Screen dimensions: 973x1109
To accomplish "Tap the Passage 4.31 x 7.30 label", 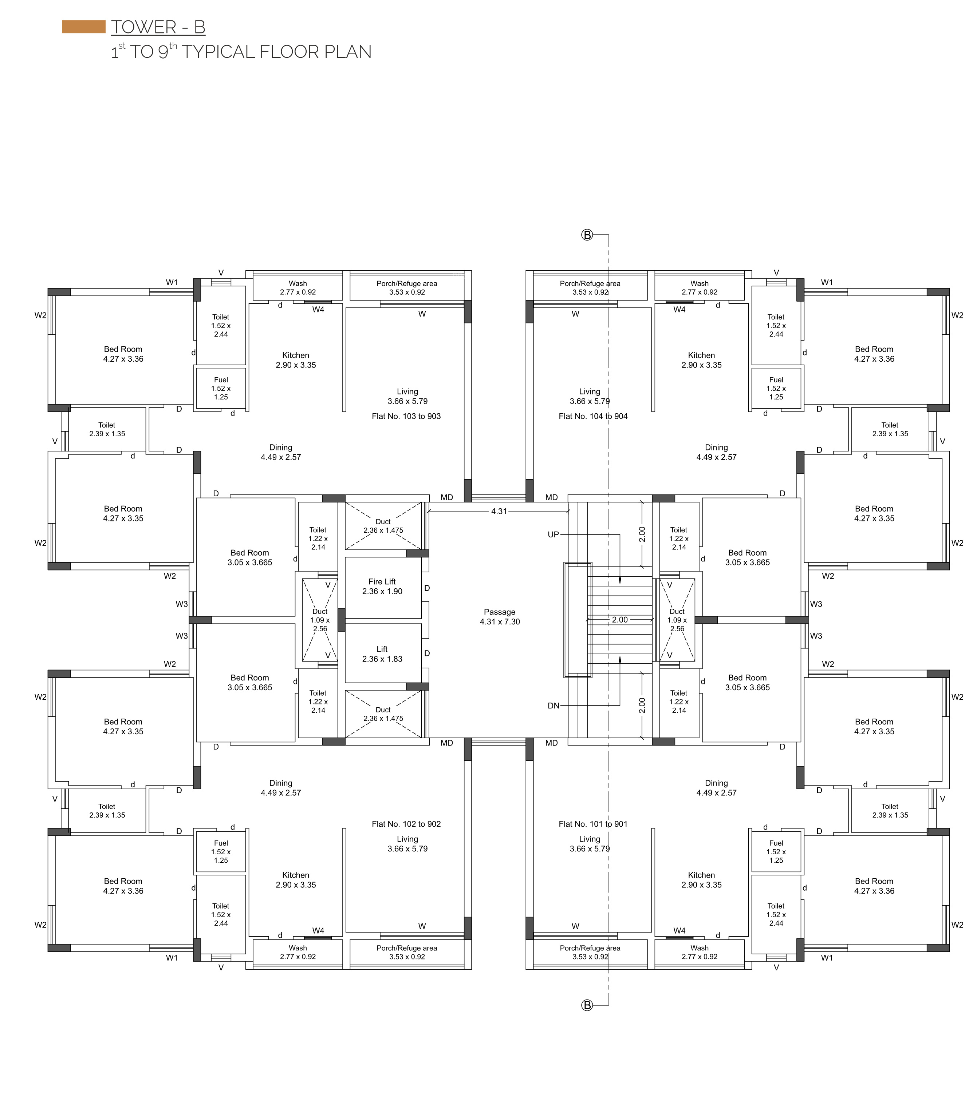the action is pyautogui.click(x=500, y=617).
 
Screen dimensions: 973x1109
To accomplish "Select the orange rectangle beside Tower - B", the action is pyautogui.click(x=84, y=27).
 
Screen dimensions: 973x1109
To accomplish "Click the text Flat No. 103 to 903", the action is pyautogui.click(x=406, y=416).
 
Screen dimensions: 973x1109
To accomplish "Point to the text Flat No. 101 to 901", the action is pyautogui.click(x=593, y=824).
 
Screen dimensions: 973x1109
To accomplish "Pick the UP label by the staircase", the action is pyautogui.click(x=553, y=534).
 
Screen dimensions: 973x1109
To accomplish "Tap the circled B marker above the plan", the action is pyautogui.click(x=587, y=235).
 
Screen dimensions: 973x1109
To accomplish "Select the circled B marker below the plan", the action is pyautogui.click(x=587, y=1005).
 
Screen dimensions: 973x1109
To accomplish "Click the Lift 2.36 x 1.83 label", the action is pyautogui.click(x=382, y=654).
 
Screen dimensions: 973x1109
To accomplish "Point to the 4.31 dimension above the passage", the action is pyautogui.click(x=499, y=511).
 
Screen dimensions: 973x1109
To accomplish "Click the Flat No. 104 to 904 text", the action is pyautogui.click(x=593, y=416).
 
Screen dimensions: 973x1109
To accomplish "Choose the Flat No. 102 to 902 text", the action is pyautogui.click(x=406, y=824).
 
